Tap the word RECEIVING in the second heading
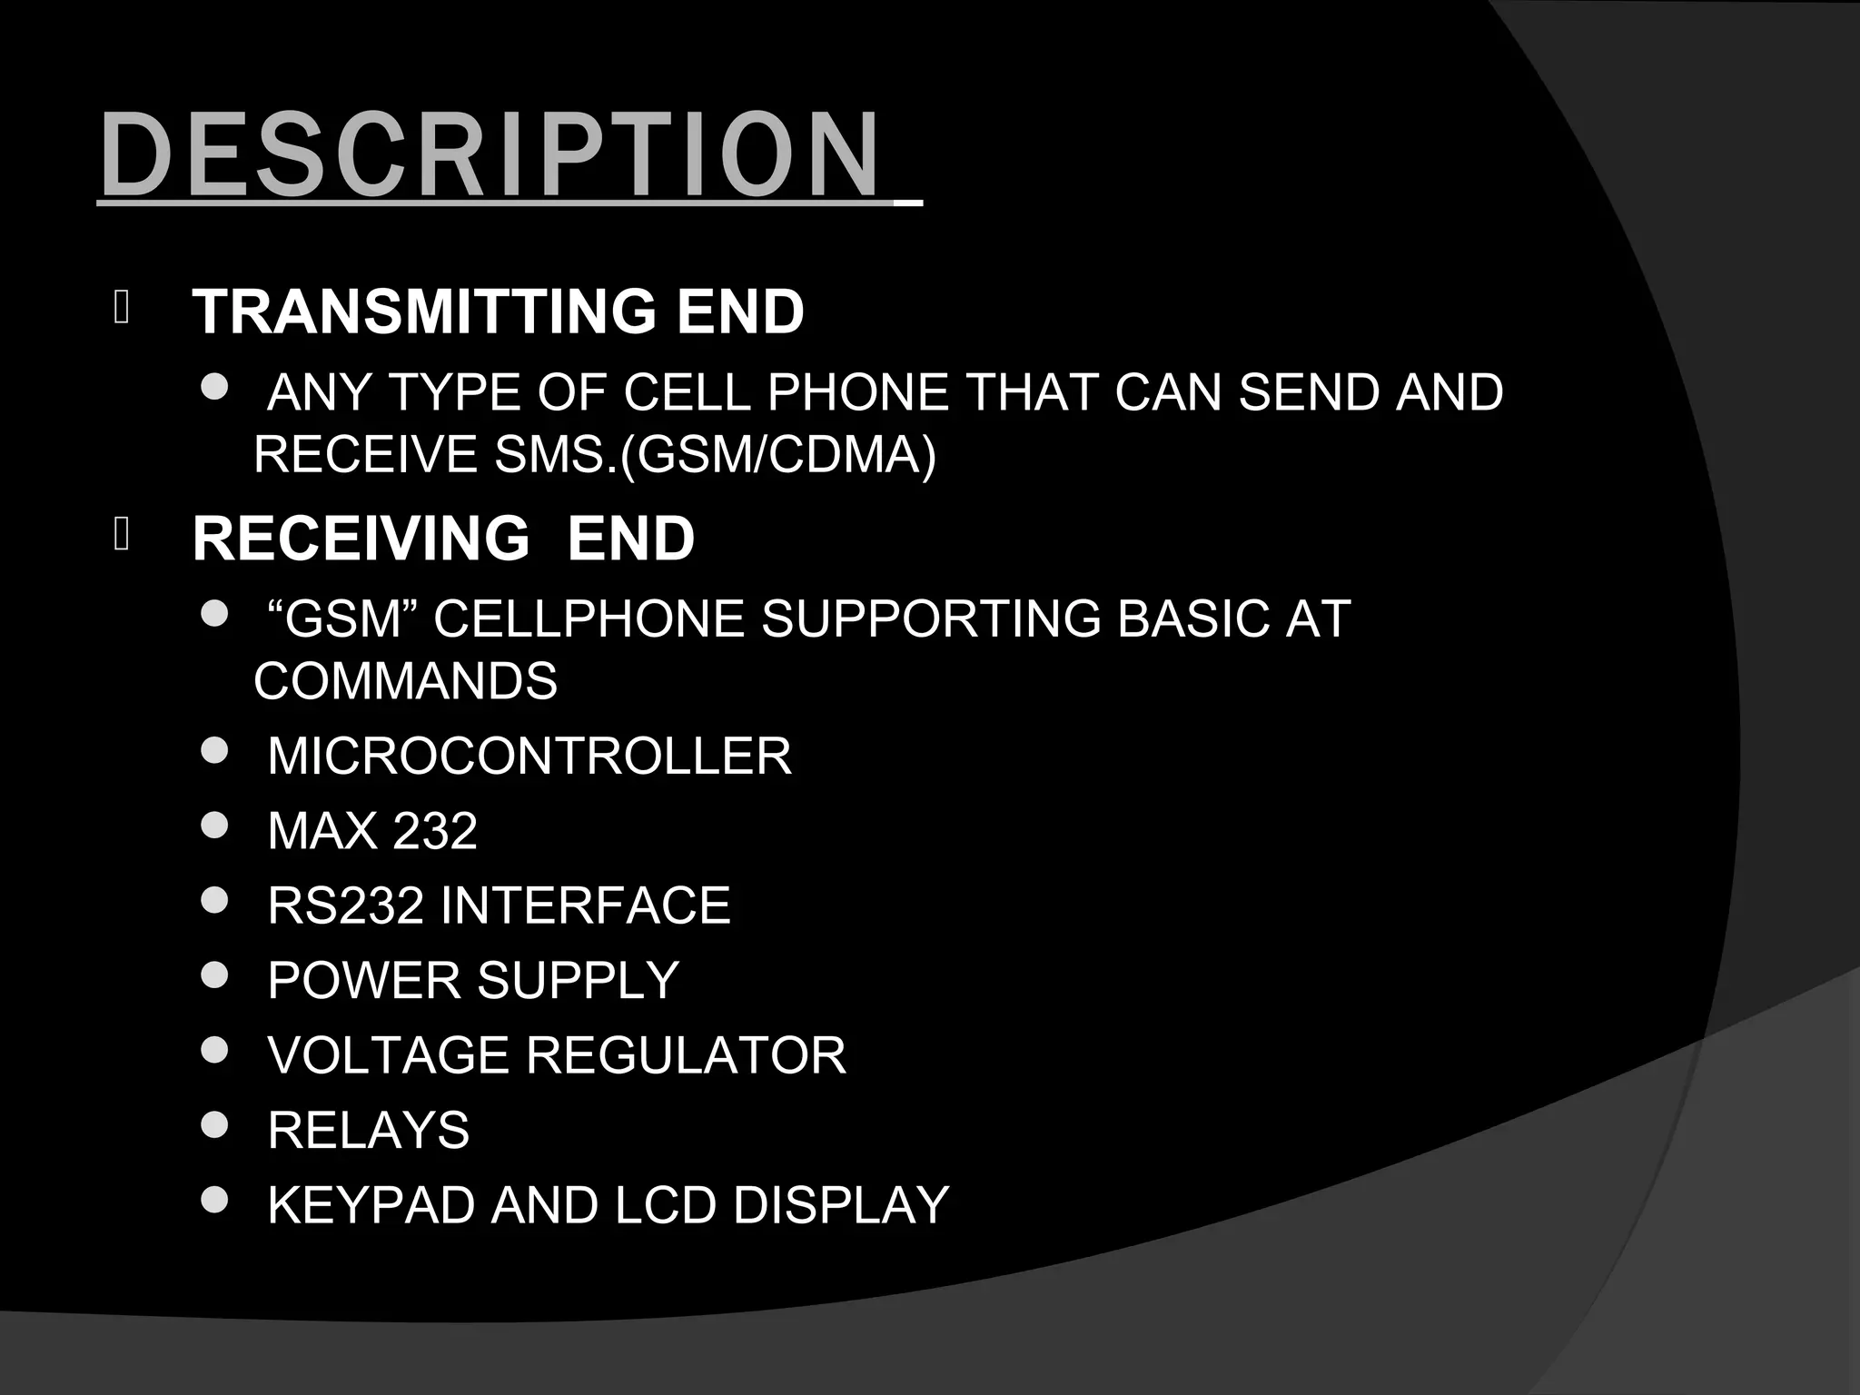(x=361, y=538)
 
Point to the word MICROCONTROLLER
(x=529, y=756)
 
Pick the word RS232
(x=345, y=905)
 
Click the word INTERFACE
(x=586, y=905)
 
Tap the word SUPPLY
(x=578, y=980)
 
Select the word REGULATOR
(x=686, y=1055)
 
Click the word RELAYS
(x=368, y=1130)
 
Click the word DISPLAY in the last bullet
(x=841, y=1205)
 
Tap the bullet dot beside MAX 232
(x=214, y=826)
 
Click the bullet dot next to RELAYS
(x=214, y=1126)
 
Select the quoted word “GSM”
(x=342, y=619)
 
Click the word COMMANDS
(x=405, y=681)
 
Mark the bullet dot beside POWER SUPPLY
(x=214, y=976)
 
